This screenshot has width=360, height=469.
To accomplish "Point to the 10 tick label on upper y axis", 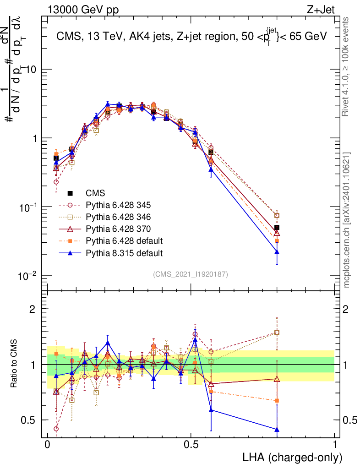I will click(32, 70).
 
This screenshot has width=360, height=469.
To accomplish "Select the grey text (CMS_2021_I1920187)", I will click(190, 274).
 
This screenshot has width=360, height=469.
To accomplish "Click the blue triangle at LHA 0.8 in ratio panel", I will click(277, 430).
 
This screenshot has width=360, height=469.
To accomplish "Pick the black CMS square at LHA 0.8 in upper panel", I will click(277, 228).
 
